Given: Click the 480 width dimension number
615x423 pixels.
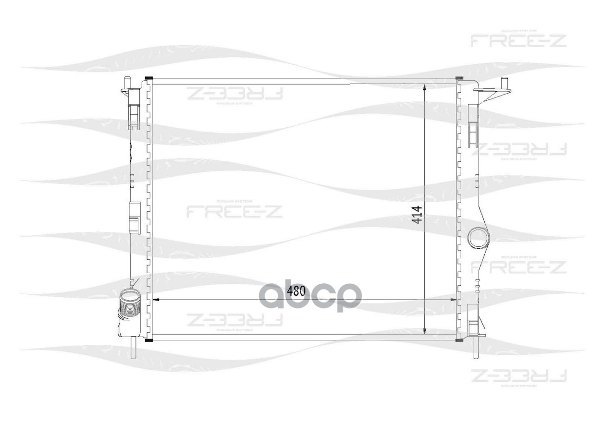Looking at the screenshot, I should pyautogui.click(x=296, y=291).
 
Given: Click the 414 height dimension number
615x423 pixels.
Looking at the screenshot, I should pyautogui.click(x=416, y=215).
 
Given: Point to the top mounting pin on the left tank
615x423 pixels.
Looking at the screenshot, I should pyautogui.click(x=127, y=82).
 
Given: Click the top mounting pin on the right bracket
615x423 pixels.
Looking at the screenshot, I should pyautogui.click(x=504, y=82).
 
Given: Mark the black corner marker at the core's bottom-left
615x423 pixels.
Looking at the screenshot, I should pyautogui.click(x=148, y=340).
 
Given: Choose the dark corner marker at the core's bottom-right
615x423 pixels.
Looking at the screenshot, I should pyautogui.click(x=459, y=340).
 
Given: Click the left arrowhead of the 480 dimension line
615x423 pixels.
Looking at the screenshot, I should pyautogui.click(x=155, y=300).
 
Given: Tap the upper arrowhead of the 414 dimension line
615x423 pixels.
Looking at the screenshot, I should pyautogui.click(x=425, y=88).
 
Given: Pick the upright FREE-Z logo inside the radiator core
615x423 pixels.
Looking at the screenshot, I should pyautogui.click(x=234, y=210).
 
